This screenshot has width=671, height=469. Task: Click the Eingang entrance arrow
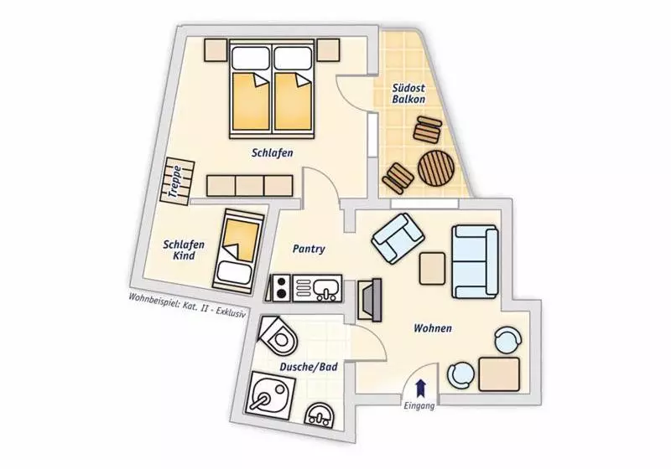[x=421, y=388]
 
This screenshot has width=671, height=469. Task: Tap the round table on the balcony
[x=436, y=167]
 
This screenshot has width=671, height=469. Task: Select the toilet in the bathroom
[x=278, y=335]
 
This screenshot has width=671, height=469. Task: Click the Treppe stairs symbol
[x=177, y=181]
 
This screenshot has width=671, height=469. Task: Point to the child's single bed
[x=237, y=251]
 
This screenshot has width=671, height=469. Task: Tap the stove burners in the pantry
[x=282, y=287]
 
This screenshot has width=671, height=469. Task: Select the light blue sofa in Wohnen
[x=475, y=262]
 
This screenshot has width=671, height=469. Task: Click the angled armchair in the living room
[x=398, y=238]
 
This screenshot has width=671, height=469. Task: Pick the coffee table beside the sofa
[x=432, y=269]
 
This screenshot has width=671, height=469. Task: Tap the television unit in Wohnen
[x=369, y=301]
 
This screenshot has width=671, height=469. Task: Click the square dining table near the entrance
[x=499, y=374]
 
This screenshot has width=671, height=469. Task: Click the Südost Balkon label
[x=408, y=94]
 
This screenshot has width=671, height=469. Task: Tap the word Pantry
[x=309, y=249]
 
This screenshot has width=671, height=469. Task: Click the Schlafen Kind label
[x=184, y=250]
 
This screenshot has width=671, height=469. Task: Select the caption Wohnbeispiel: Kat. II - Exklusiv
[x=188, y=306]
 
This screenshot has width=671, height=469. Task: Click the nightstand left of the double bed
[x=216, y=50]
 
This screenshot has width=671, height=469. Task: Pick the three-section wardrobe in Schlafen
[x=250, y=186]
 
